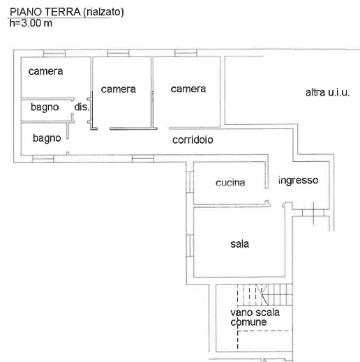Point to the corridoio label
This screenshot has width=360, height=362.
coord(193,139)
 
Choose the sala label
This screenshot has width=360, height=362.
coord(239,244)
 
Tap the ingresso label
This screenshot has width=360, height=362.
coord(298,180)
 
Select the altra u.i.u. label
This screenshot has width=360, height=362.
coord(327,92)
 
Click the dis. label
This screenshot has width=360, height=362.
coord(82,107)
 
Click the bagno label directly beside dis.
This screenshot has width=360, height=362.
coord(43,107)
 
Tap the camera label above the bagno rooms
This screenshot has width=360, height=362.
coord(45,71)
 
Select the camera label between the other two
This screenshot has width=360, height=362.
coord(118,89)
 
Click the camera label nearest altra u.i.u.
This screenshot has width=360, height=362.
coord(188,89)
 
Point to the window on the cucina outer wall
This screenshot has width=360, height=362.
coord(188,182)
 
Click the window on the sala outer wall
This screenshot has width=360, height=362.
coord(188,245)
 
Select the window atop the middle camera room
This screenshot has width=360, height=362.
coord(117,53)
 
